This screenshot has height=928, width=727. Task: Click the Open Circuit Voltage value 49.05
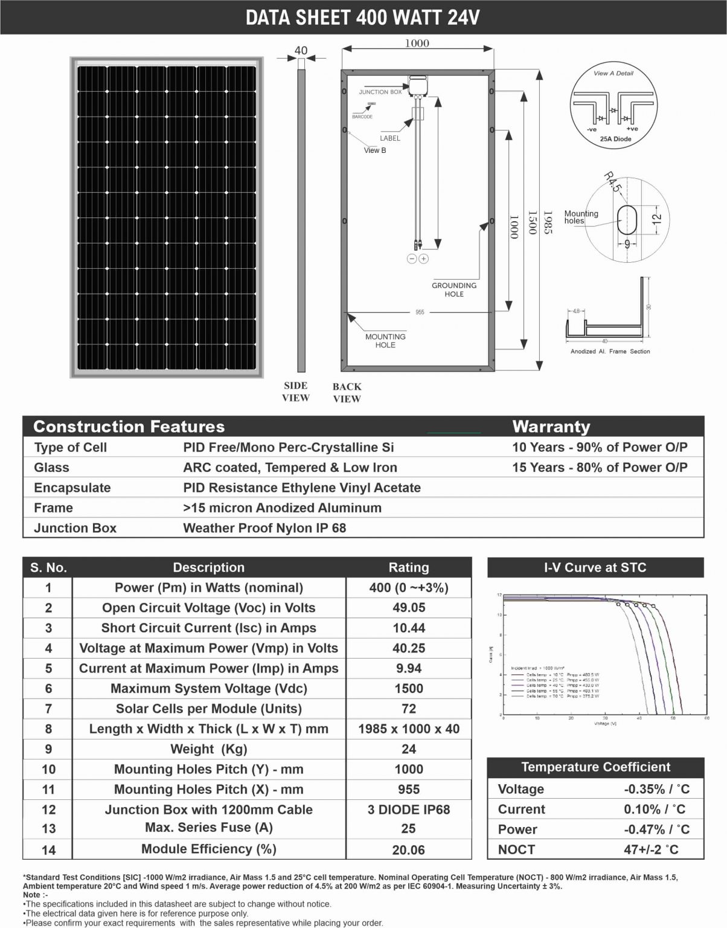pos(409,608)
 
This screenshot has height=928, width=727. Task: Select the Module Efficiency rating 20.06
pos(409,850)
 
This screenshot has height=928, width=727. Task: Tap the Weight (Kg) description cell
pos(209,749)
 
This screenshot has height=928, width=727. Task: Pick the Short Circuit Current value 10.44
pos(409,628)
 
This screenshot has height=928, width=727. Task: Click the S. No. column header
pos(48,567)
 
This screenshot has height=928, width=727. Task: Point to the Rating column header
pos(409,567)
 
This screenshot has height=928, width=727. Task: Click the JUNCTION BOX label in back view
pos(380,92)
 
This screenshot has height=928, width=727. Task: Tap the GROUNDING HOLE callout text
pos(454,289)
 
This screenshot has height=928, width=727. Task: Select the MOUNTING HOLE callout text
pos(385,341)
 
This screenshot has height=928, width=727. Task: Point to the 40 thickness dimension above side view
pos(301,51)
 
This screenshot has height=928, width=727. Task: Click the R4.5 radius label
pos(612,182)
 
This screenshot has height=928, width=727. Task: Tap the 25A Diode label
pos(615,139)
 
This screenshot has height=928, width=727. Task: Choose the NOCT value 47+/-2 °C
pos(651,849)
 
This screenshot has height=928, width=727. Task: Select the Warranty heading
pos(551,427)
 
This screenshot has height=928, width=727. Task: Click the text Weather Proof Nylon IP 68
pos(264,528)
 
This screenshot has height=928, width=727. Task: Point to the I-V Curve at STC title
pos(595,567)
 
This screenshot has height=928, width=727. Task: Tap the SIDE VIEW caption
pos(296,391)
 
